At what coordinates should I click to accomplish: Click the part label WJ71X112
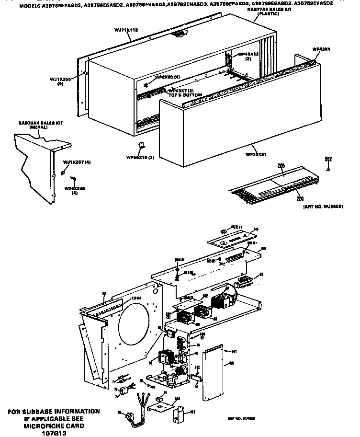pyautogui.click(x=126, y=30)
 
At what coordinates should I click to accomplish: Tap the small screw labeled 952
pyautogui.click(x=328, y=169)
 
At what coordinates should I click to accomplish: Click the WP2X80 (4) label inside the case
pyautogui.click(x=168, y=77)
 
